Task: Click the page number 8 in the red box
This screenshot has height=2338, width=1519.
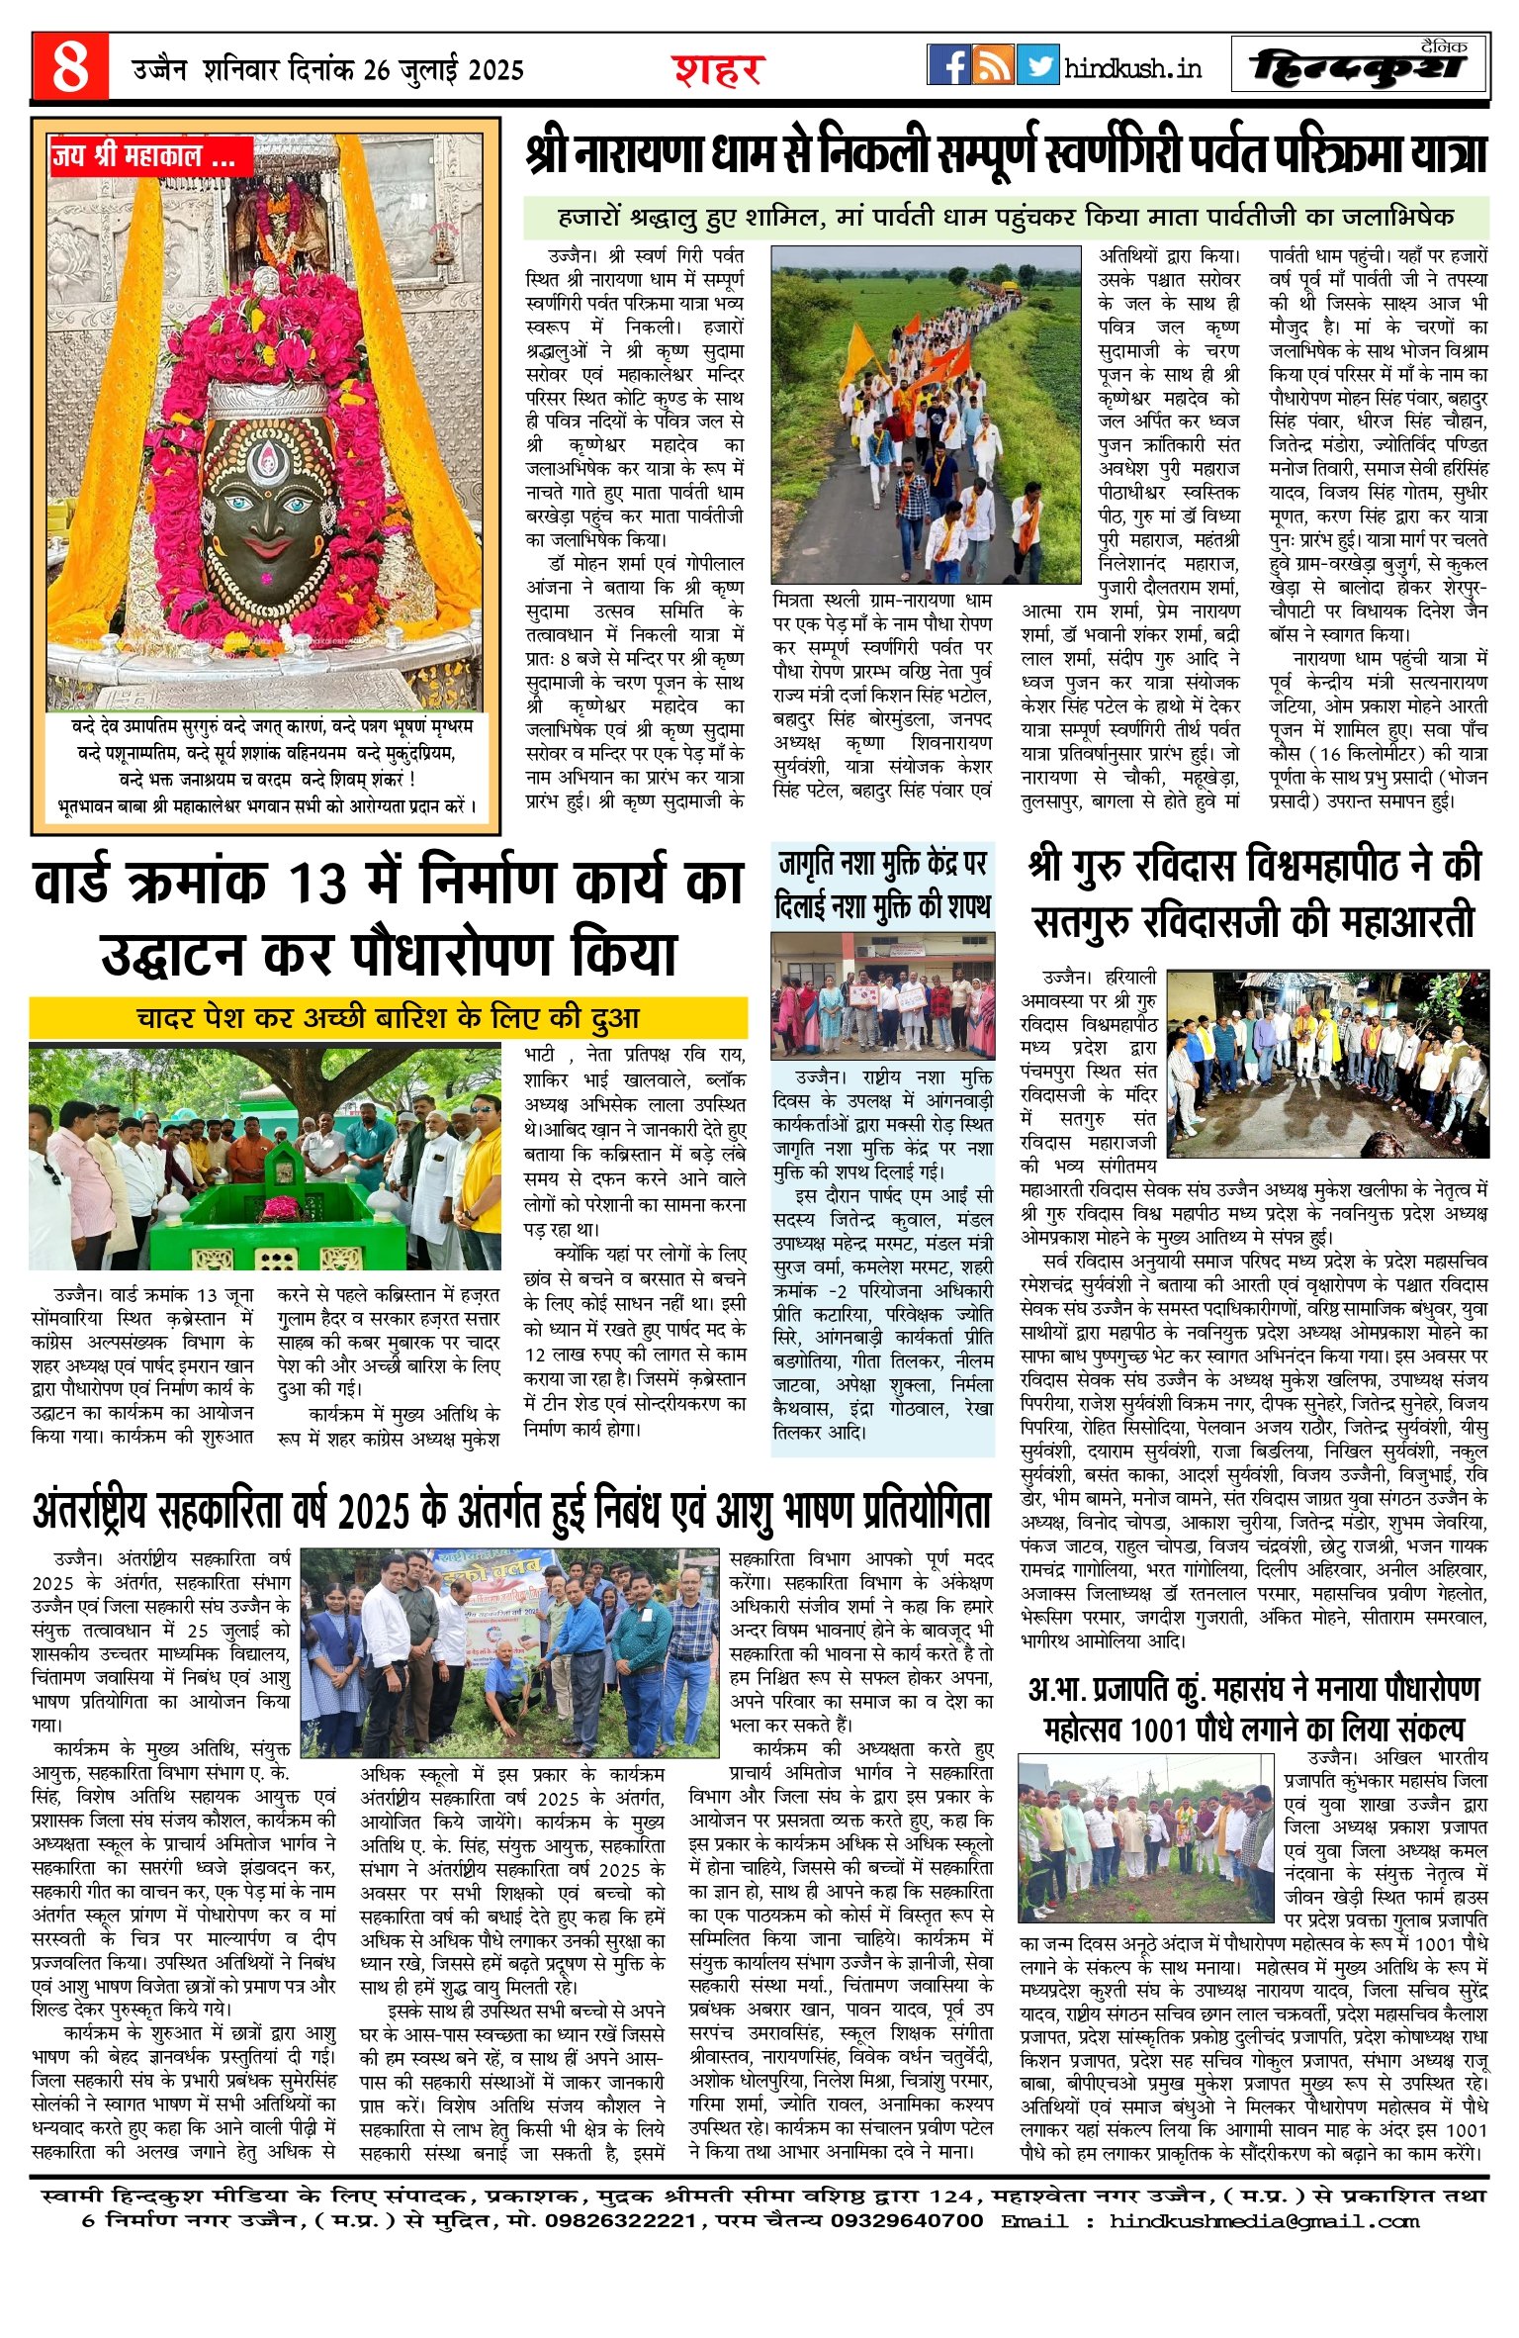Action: click(x=70, y=66)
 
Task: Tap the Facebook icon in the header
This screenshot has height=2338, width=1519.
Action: click(x=948, y=65)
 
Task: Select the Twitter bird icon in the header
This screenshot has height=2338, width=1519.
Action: click(x=1037, y=65)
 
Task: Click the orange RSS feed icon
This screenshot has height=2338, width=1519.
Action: click(x=993, y=65)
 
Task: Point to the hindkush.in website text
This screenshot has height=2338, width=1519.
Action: click(x=1132, y=68)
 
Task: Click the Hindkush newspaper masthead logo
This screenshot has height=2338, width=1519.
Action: click(x=1359, y=66)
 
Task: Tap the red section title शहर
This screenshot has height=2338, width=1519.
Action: click(x=719, y=70)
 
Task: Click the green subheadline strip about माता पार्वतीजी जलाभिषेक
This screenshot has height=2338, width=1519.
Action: click(x=1006, y=217)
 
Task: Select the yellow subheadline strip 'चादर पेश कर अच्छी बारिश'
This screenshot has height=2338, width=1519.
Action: click(x=388, y=1017)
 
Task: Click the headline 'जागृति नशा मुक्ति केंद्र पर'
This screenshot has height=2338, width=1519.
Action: click(x=882, y=864)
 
